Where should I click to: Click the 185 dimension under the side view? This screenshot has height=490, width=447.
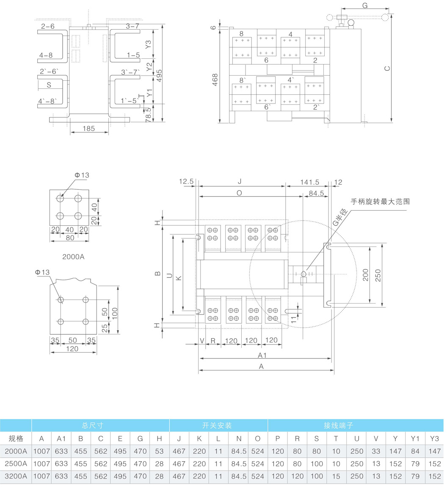pyautogui.click(x=88, y=129)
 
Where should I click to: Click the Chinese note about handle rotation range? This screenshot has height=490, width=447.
pyautogui.click(x=380, y=202)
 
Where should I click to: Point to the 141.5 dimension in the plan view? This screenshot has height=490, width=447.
pyautogui.click(x=310, y=182)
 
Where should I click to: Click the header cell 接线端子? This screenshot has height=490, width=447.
pyautogui.click(x=339, y=425)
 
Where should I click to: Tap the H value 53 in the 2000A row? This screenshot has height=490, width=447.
pyautogui.click(x=159, y=451)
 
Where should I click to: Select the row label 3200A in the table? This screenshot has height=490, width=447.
pyautogui.click(x=16, y=476)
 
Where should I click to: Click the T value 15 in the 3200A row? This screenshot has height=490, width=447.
pyautogui.click(x=336, y=476)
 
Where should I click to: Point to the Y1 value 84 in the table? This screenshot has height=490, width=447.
pyautogui.click(x=415, y=451)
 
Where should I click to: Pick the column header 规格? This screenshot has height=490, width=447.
pyautogui.click(x=16, y=438)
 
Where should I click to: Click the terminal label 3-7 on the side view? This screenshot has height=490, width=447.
pyautogui.click(x=132, y=26)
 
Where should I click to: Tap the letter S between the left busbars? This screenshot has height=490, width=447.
pyautogui.click(x=49, y=85)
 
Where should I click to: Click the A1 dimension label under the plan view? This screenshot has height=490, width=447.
pyautogui.click(x=262, y=356)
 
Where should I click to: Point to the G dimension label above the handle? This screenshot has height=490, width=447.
pyautogui.click(x=365, y=5)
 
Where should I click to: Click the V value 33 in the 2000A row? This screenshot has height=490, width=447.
pyautogui.click(x=376, y=451)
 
